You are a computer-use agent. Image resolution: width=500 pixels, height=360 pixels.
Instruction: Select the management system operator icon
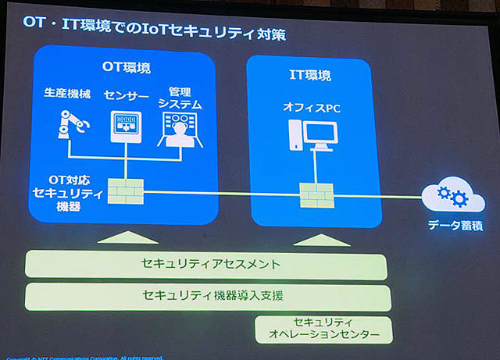coord(179,129)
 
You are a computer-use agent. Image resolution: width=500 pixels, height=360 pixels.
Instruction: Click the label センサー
coord(123,94)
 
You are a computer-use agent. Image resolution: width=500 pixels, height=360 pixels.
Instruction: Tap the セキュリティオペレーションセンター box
coord(323,328)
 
